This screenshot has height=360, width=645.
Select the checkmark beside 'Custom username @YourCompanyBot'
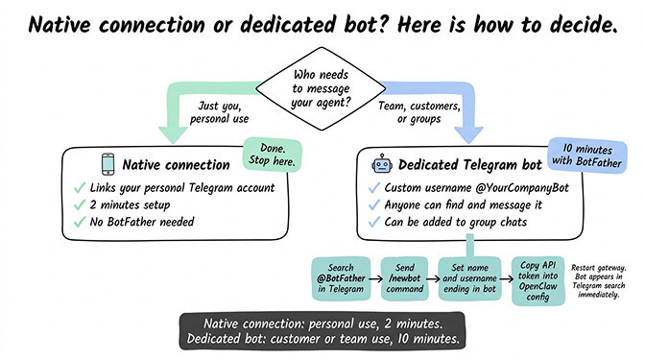pos(374,186)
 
